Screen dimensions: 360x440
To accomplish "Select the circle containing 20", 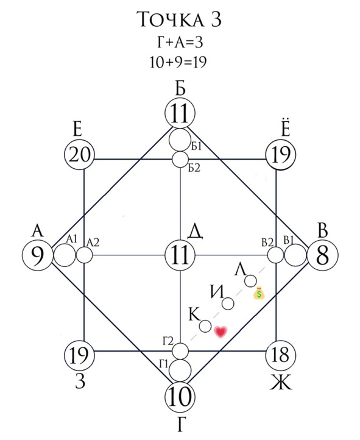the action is pyautogui.click(x=80, y=155).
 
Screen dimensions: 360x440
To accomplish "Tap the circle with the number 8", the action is pyautogui.click(x=323, y=255).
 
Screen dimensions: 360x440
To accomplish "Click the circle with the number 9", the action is pyautogui.click(x=38, y=255).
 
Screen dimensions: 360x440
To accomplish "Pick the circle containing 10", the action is pyautogui.click(x=180, y=397).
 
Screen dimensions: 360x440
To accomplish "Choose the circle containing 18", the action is pyautogui.click(x=280, y=355).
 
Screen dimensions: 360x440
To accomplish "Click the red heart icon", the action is pyautogui.click(x=221, y=332).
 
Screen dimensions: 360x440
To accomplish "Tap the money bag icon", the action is pyautogui.click(x=259, y=293).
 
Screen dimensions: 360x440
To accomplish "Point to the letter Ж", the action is pyautogui.click(x=281, y=382).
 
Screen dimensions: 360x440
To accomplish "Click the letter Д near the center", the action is pyautogui.click(x=195, y=232).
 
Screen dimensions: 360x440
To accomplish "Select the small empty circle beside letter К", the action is pyautogui.click(x=205, y=326).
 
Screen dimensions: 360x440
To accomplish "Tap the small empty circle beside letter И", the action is pyautogui.click(x=228, y=303).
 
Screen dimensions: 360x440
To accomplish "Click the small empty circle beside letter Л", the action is pyautogui.click(x=250, y=281).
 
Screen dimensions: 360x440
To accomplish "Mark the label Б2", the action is pyautogui.click(x=194, y=168).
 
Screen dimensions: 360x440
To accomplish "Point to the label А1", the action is pyautogui.click(x=71, y=239).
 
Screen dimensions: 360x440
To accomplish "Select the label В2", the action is pyautogui.click(x=267, y=242).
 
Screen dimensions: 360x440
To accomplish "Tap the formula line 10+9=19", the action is pyautogui.click(x=178, y=62).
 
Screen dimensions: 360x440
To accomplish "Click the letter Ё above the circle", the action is pyautogui.click(x=286, y=129).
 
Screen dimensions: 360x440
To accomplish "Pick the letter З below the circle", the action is pyautogui.click(x=80, y=382).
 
